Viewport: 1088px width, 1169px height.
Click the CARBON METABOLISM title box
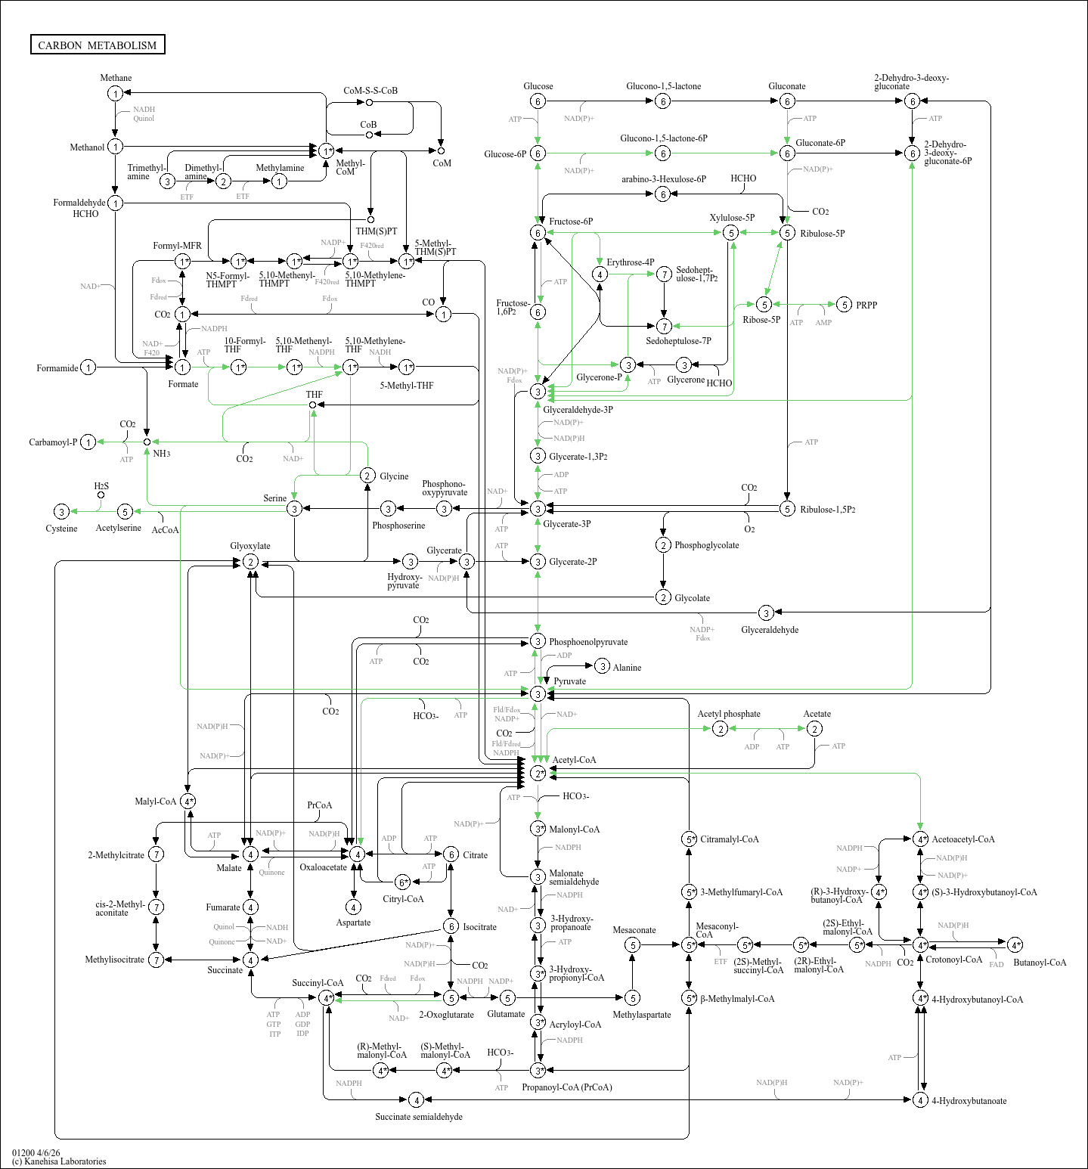tap(98, 45)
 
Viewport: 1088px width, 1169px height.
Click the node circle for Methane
tap(115, 93)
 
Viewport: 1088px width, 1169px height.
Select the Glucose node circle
tap(538, 101)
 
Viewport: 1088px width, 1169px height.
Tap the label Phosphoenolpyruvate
tap(587, 642)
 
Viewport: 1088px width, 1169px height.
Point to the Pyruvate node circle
tap(538, 693)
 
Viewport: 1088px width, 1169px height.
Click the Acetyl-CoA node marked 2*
tap(538, 773)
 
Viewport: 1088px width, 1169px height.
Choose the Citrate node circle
tap(451, 854)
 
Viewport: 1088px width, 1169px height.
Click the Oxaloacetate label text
tap(323, 867)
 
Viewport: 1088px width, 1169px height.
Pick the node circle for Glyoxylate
tap(250, 562)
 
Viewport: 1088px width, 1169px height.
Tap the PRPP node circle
tap(845, 305)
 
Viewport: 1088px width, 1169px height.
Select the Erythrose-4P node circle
tap(600, 274)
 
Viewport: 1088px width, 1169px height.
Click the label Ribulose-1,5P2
tap(828, 510)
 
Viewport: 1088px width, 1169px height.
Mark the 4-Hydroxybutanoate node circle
tap(920, 1100)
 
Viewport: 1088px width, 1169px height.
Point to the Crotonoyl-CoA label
tap(953, 960)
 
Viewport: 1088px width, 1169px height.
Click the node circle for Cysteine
tap(62, 512)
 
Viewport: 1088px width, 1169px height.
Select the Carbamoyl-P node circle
tap(88, 442)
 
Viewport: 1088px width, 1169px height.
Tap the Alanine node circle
tap(602, 666)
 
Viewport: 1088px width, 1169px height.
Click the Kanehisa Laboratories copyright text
tap(59, 1161)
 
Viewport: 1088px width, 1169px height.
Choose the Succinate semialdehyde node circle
tap(416, 1100)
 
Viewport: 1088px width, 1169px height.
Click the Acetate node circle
tap(814, 728)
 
